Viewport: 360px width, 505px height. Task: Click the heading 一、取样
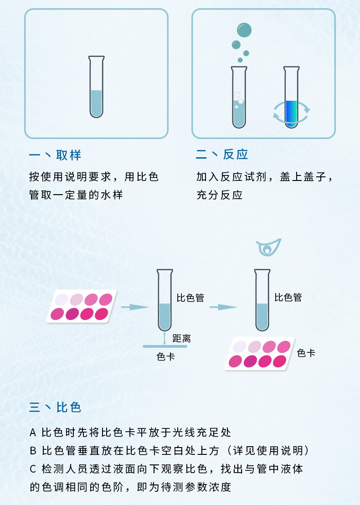pyautogui.click(x=55, y=155)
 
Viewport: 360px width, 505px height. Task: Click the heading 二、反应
pyautogui.click(x=222, y=155)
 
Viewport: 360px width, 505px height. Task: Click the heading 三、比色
pyautogui.click(x=55, y=407)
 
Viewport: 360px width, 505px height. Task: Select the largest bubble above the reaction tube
pyautogui.click(x=244, y=30)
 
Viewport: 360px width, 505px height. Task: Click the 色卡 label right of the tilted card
pyautogui.click(x=306, y=353)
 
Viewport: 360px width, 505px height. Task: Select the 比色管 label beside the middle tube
pyautogui.click(x=190, y=298)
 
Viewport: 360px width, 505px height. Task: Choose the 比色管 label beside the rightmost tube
pyautogui.click(x=288, y=298)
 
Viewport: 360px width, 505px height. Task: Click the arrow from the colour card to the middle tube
pyautogui.click(x=135, y=307)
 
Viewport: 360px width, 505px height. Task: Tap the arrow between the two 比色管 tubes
pyautogui.click(x=223, y=307)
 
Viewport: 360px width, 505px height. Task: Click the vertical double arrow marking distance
pyautogui.click(x=165, y=338)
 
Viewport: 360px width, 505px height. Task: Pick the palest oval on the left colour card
pyautogui.click(x=62, y=299)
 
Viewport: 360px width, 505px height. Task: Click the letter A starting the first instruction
pyautogui.click(x=32, y=432)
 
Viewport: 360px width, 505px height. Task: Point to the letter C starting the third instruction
pyautogui.click(x=32, y=469)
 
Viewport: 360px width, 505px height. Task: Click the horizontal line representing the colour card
pyautogui.click(x=164, y=347)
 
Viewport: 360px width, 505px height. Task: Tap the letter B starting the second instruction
pyautogui.click(x=32, y=451)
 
